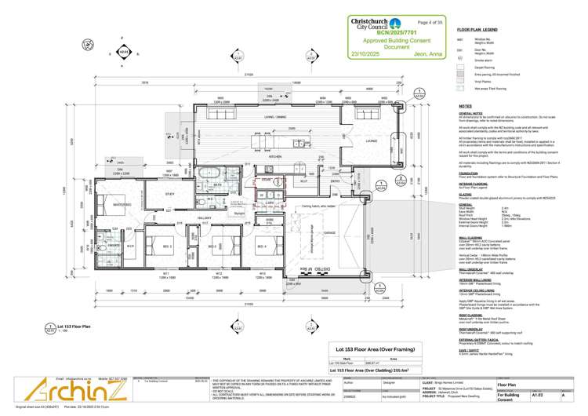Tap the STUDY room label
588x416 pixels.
coord(169,192)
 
